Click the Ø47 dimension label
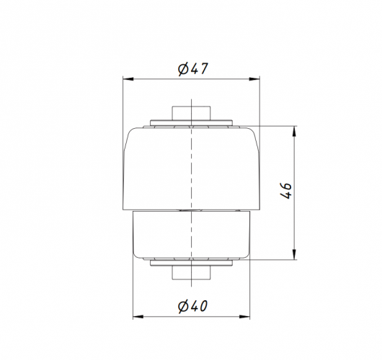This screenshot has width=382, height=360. (193, 69)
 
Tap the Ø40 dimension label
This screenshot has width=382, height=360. (192, 306)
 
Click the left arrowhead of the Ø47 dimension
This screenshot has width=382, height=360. (128, 79)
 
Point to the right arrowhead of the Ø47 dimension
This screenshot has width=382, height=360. (254, 79)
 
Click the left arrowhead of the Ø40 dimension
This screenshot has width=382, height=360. (138, 317)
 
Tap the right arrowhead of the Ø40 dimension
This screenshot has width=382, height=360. (244, 317)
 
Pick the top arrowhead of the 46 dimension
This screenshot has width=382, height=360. (294, 132)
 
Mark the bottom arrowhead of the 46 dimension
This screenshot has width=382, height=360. (294, 254)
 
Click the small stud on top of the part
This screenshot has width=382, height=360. (191, 113)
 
